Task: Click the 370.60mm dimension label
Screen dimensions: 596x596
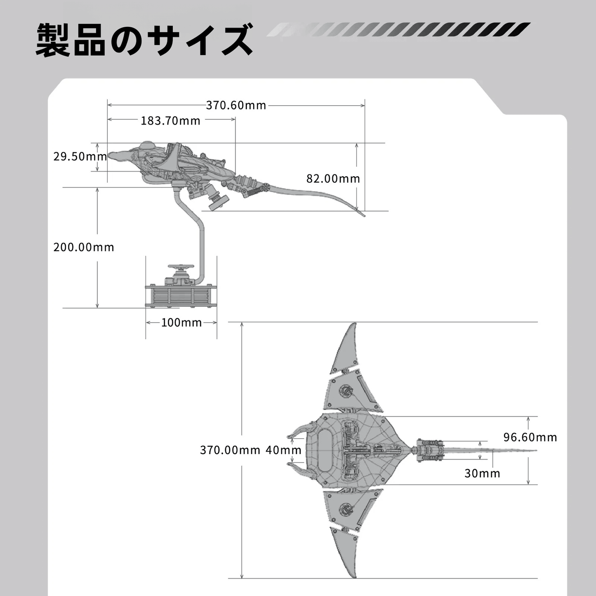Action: tap(236, 106)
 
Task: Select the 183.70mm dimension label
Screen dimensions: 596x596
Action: tap(170, 120)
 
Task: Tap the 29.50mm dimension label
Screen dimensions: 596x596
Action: tap(80, 156)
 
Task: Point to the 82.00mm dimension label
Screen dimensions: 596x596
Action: tap(333, 179)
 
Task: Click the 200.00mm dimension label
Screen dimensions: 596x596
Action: tap(84, 247)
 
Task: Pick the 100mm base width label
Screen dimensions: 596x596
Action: tap(181, 323)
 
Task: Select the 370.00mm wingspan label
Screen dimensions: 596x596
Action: tap(230, 450)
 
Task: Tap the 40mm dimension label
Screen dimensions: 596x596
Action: tap(283, 450)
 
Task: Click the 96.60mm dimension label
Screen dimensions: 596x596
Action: tap(530, 437)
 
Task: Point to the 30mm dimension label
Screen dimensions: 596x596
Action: tap(482, 473)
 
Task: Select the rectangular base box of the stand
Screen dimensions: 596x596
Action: tap(181, 296)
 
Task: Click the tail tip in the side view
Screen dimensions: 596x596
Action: tap(364, 215)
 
